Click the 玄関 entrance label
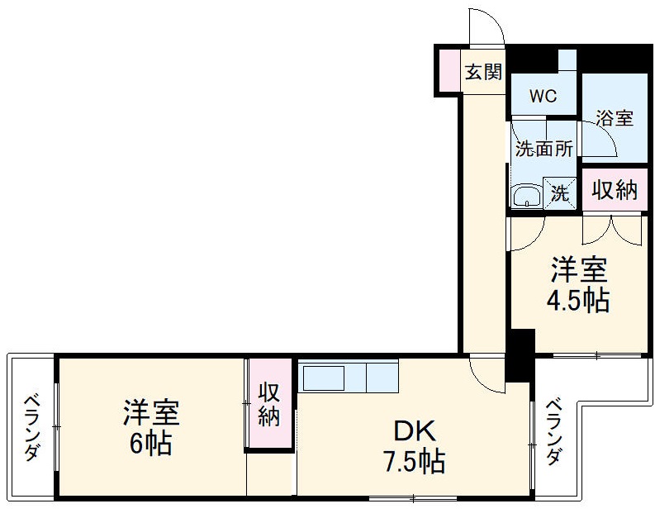482,72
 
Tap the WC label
543,96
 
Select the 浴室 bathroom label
615,118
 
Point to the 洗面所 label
544,150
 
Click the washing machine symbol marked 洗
561,194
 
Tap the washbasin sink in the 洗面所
526,197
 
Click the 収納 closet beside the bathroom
615,190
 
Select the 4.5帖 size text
579,300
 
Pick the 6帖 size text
150,443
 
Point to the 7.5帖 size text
413,461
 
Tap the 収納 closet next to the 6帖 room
269,405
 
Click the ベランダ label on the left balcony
31,426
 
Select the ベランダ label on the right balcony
554,432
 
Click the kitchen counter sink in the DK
325,378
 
